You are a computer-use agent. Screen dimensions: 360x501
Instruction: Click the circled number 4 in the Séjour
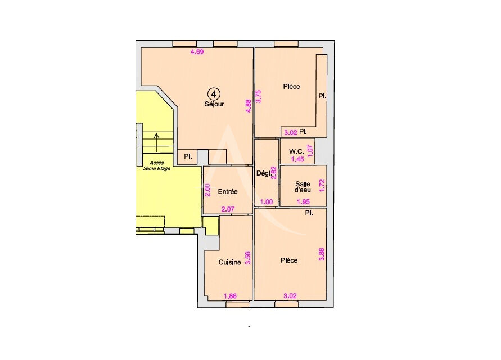point(214,93)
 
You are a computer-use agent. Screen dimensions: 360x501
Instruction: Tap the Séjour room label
point(214,104)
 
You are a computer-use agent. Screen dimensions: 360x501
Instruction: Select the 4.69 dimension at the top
point(197,52)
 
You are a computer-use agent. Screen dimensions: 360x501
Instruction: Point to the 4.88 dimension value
point(248,107)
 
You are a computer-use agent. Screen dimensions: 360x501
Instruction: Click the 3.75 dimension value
point(259,96)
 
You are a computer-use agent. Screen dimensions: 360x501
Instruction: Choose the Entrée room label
point(228,192)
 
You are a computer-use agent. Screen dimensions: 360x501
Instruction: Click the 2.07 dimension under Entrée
point(228,209)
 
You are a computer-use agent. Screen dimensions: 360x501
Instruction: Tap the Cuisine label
point(230,262)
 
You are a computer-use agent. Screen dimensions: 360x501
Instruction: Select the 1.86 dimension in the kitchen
point(230,296)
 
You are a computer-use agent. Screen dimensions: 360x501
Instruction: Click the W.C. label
point(296,151)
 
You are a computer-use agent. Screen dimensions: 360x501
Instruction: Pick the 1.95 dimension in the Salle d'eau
point(304,201)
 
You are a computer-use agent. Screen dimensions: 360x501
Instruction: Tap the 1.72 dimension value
point(322,186)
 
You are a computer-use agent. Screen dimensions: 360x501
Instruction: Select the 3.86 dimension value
point(322,254)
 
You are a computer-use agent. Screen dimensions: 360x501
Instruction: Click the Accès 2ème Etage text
point(153,165)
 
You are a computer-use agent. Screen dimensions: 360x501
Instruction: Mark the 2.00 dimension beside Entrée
point(207,190)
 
